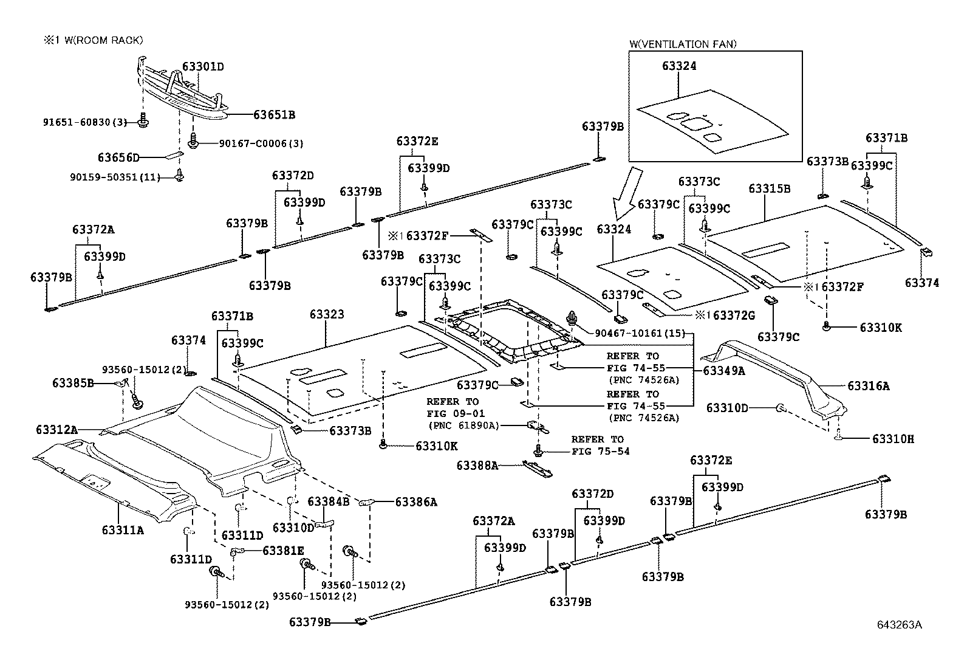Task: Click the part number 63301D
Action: (203, 67)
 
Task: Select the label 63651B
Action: (274, 115)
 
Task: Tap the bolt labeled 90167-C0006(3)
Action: (194, 140)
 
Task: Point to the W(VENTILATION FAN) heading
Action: (683, 44)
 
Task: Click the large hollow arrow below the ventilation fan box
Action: (627, 193)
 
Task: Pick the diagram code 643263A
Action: (899, 625)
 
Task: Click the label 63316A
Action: (869, 386)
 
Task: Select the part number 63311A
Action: (123, 530)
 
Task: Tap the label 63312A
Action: (57, 430)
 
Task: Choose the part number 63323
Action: (327, 314)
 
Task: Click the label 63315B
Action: (770, 189)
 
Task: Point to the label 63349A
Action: (724, 371)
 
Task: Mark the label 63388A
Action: (477, 466)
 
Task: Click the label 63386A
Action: (416, 502)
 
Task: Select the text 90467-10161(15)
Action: (640, 333)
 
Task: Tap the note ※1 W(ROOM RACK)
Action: (94, 40)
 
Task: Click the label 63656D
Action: (118, 157)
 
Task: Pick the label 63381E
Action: (283, 551)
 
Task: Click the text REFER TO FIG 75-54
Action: (601, 446)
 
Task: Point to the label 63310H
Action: (893, 439)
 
